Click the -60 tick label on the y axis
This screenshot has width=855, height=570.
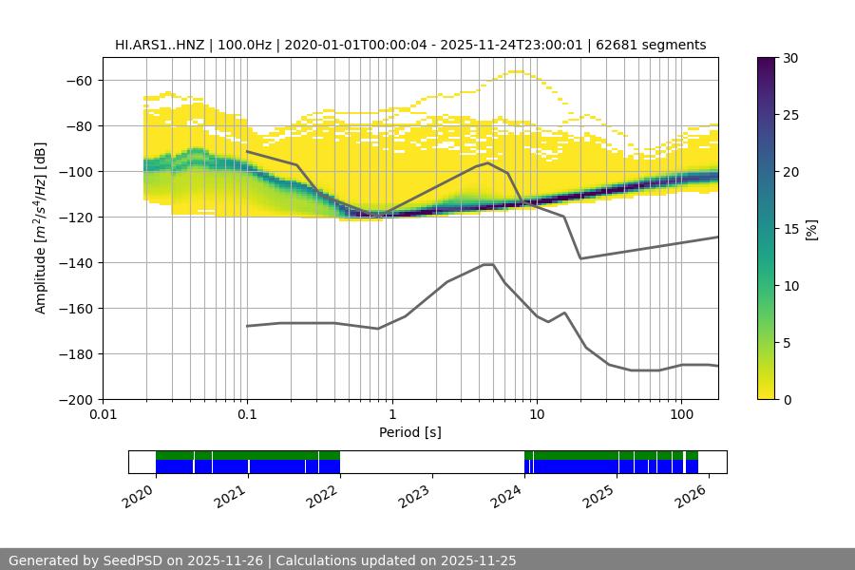coord(78,80)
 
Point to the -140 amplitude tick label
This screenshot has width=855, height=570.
coord(74,262)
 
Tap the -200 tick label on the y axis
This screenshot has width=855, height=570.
coord(74,399)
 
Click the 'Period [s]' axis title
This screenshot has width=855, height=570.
coord(410,432)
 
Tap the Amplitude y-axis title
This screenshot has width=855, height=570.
coord(41,228)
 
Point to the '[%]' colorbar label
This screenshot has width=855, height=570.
coord(810,228)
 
